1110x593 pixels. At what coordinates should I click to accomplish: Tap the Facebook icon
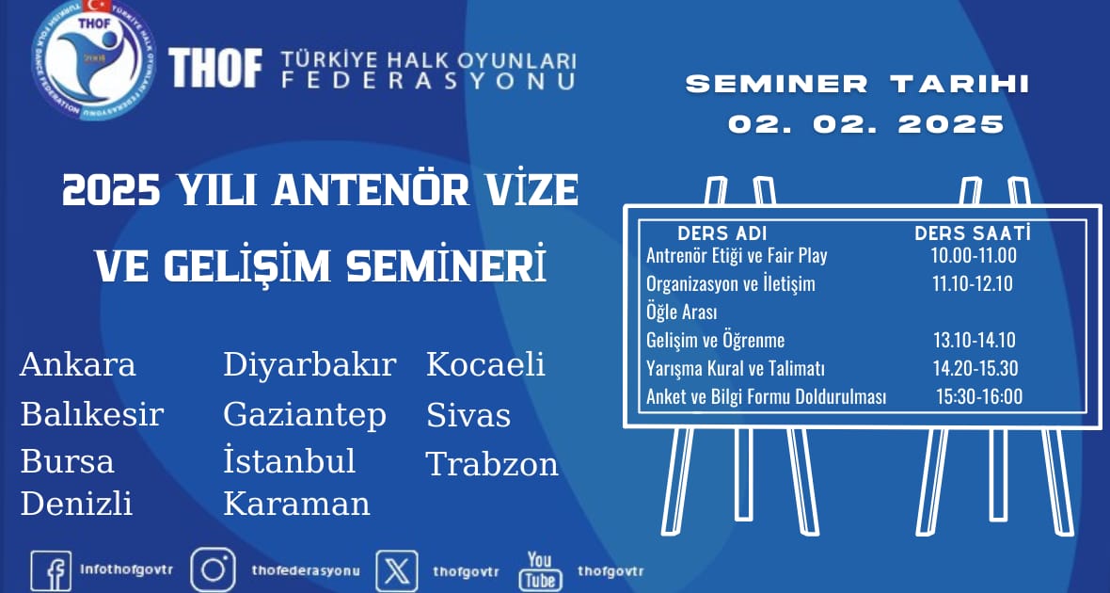(x=51, y=571)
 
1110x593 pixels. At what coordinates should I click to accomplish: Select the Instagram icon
(x=213, y=570)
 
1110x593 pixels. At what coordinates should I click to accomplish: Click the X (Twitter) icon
(x=396, y=571)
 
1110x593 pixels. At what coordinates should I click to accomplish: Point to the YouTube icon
(x=540, y=570)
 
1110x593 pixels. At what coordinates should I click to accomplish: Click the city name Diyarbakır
(x=309, y=365)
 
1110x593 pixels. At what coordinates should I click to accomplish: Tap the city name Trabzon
(x=492, y=464)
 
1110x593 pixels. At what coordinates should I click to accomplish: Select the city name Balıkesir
(x=92, y=414)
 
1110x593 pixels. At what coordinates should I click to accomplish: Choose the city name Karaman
(x=296, y=504)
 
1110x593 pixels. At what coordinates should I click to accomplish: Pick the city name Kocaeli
(x=485, y=364)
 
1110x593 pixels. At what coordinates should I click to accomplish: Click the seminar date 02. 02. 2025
(x=866, y=124)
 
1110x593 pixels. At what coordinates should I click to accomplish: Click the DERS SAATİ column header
(x=973, y=233)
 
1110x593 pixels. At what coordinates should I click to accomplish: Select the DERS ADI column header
(x=722, y=233)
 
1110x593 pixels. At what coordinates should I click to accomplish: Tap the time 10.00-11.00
(x=975, y=256)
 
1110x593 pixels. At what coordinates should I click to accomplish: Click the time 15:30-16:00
(x=980, y=397)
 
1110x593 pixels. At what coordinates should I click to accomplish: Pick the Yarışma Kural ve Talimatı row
(x=736, y=369)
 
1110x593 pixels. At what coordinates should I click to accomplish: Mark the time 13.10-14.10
(x=975, y=340)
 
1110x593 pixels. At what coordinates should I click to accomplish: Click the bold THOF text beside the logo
(x=215, y=68)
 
